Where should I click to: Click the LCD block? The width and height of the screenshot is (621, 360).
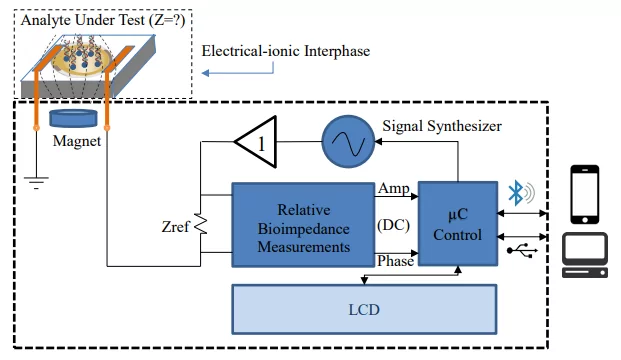[x=364, y=309]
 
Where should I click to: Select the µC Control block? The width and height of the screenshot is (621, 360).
[x=458, y=224]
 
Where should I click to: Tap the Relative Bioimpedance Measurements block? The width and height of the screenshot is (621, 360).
[x=303, y=225]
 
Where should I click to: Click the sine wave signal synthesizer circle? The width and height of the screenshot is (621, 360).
[x=348, y=141]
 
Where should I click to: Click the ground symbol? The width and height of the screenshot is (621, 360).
[x=36, y=183]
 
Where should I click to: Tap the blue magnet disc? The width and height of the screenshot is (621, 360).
[x=73, y=118]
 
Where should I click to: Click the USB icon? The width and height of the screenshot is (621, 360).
[x=522, y=250]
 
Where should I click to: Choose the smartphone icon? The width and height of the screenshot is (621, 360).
[x=585, y=194]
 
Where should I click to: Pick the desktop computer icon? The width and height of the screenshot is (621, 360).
[x=585, y=255]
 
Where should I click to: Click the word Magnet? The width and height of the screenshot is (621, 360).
[x=77, y=141]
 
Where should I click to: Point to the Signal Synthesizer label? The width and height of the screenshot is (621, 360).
[x=442, y=126]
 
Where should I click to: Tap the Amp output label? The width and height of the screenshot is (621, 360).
[x=394, y=188]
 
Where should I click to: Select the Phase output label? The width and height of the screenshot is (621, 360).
[x=395, y=261]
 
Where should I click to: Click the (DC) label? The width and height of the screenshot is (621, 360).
[x=393, y=225]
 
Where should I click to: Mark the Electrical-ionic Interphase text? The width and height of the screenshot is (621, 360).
[x=286, y=51]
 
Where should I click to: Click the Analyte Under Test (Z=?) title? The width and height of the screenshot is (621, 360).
[x=103, y=20]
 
